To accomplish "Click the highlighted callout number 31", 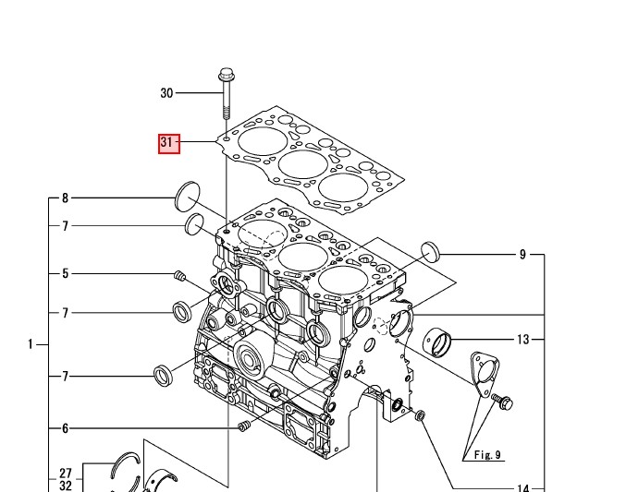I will [167, 143].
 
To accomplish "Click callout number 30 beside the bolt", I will [166, 93].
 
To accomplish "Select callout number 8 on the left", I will [65, 198].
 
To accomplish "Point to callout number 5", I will [65, 273].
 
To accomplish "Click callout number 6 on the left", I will [65, 428].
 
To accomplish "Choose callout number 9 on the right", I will [522, 254].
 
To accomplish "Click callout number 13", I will [523, 340].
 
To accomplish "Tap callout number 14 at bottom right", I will [523, 488].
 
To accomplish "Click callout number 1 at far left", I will [31, 344].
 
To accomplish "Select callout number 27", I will [65, 473].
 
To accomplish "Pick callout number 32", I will [65, 485].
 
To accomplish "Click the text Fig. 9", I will [486, 455].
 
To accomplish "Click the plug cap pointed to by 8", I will [188, 196].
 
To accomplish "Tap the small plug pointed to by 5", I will [181, 276].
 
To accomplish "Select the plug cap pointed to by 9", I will [430, 251].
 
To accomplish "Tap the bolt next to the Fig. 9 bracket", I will [502, 402].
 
